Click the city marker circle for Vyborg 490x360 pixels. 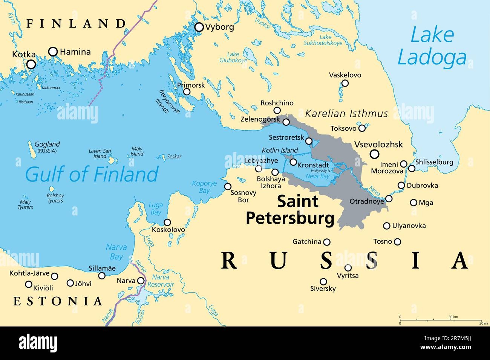(199, 27)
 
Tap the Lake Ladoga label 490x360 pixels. (432, 47)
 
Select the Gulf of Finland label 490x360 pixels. (92, 174)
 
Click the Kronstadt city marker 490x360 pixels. (293, 162)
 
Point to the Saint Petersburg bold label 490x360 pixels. (290, 210)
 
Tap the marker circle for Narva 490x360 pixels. (141, 281)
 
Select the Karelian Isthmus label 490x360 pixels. (346, 113)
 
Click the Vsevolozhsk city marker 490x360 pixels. (374, 154)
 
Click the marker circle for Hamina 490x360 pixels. (53, 52)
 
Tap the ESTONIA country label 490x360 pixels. (58, 301)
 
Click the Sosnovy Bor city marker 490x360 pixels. (228, 186)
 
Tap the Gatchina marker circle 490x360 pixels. (327, 242)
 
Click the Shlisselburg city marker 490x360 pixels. (412, 168)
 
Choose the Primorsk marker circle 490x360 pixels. (187, 92)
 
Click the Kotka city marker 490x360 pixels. (31, 64)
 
